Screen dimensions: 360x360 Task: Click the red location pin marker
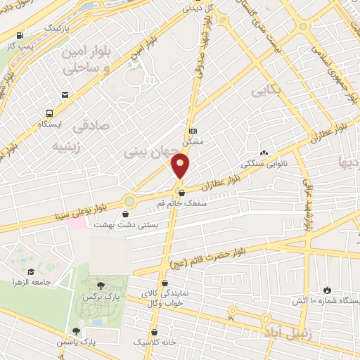pos(181,167)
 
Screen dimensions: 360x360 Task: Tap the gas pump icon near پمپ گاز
pos(19,35)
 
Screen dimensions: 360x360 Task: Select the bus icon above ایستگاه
pos(50,113)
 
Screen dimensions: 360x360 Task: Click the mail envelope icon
pos(65,95)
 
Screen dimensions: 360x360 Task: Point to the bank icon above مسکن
pos(193,131)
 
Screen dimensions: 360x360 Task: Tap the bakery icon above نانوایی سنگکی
pos(264,153)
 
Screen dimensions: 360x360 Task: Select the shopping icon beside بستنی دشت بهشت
pos(126,214)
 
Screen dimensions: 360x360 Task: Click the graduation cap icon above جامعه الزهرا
pos(31,271)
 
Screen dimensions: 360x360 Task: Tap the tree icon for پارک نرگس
pos(101,285)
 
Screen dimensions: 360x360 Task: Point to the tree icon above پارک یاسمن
pos(76,331)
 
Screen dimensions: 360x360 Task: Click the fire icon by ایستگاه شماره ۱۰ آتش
pos(327,290)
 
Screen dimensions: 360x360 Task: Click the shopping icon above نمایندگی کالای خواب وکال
pos(163,283)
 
